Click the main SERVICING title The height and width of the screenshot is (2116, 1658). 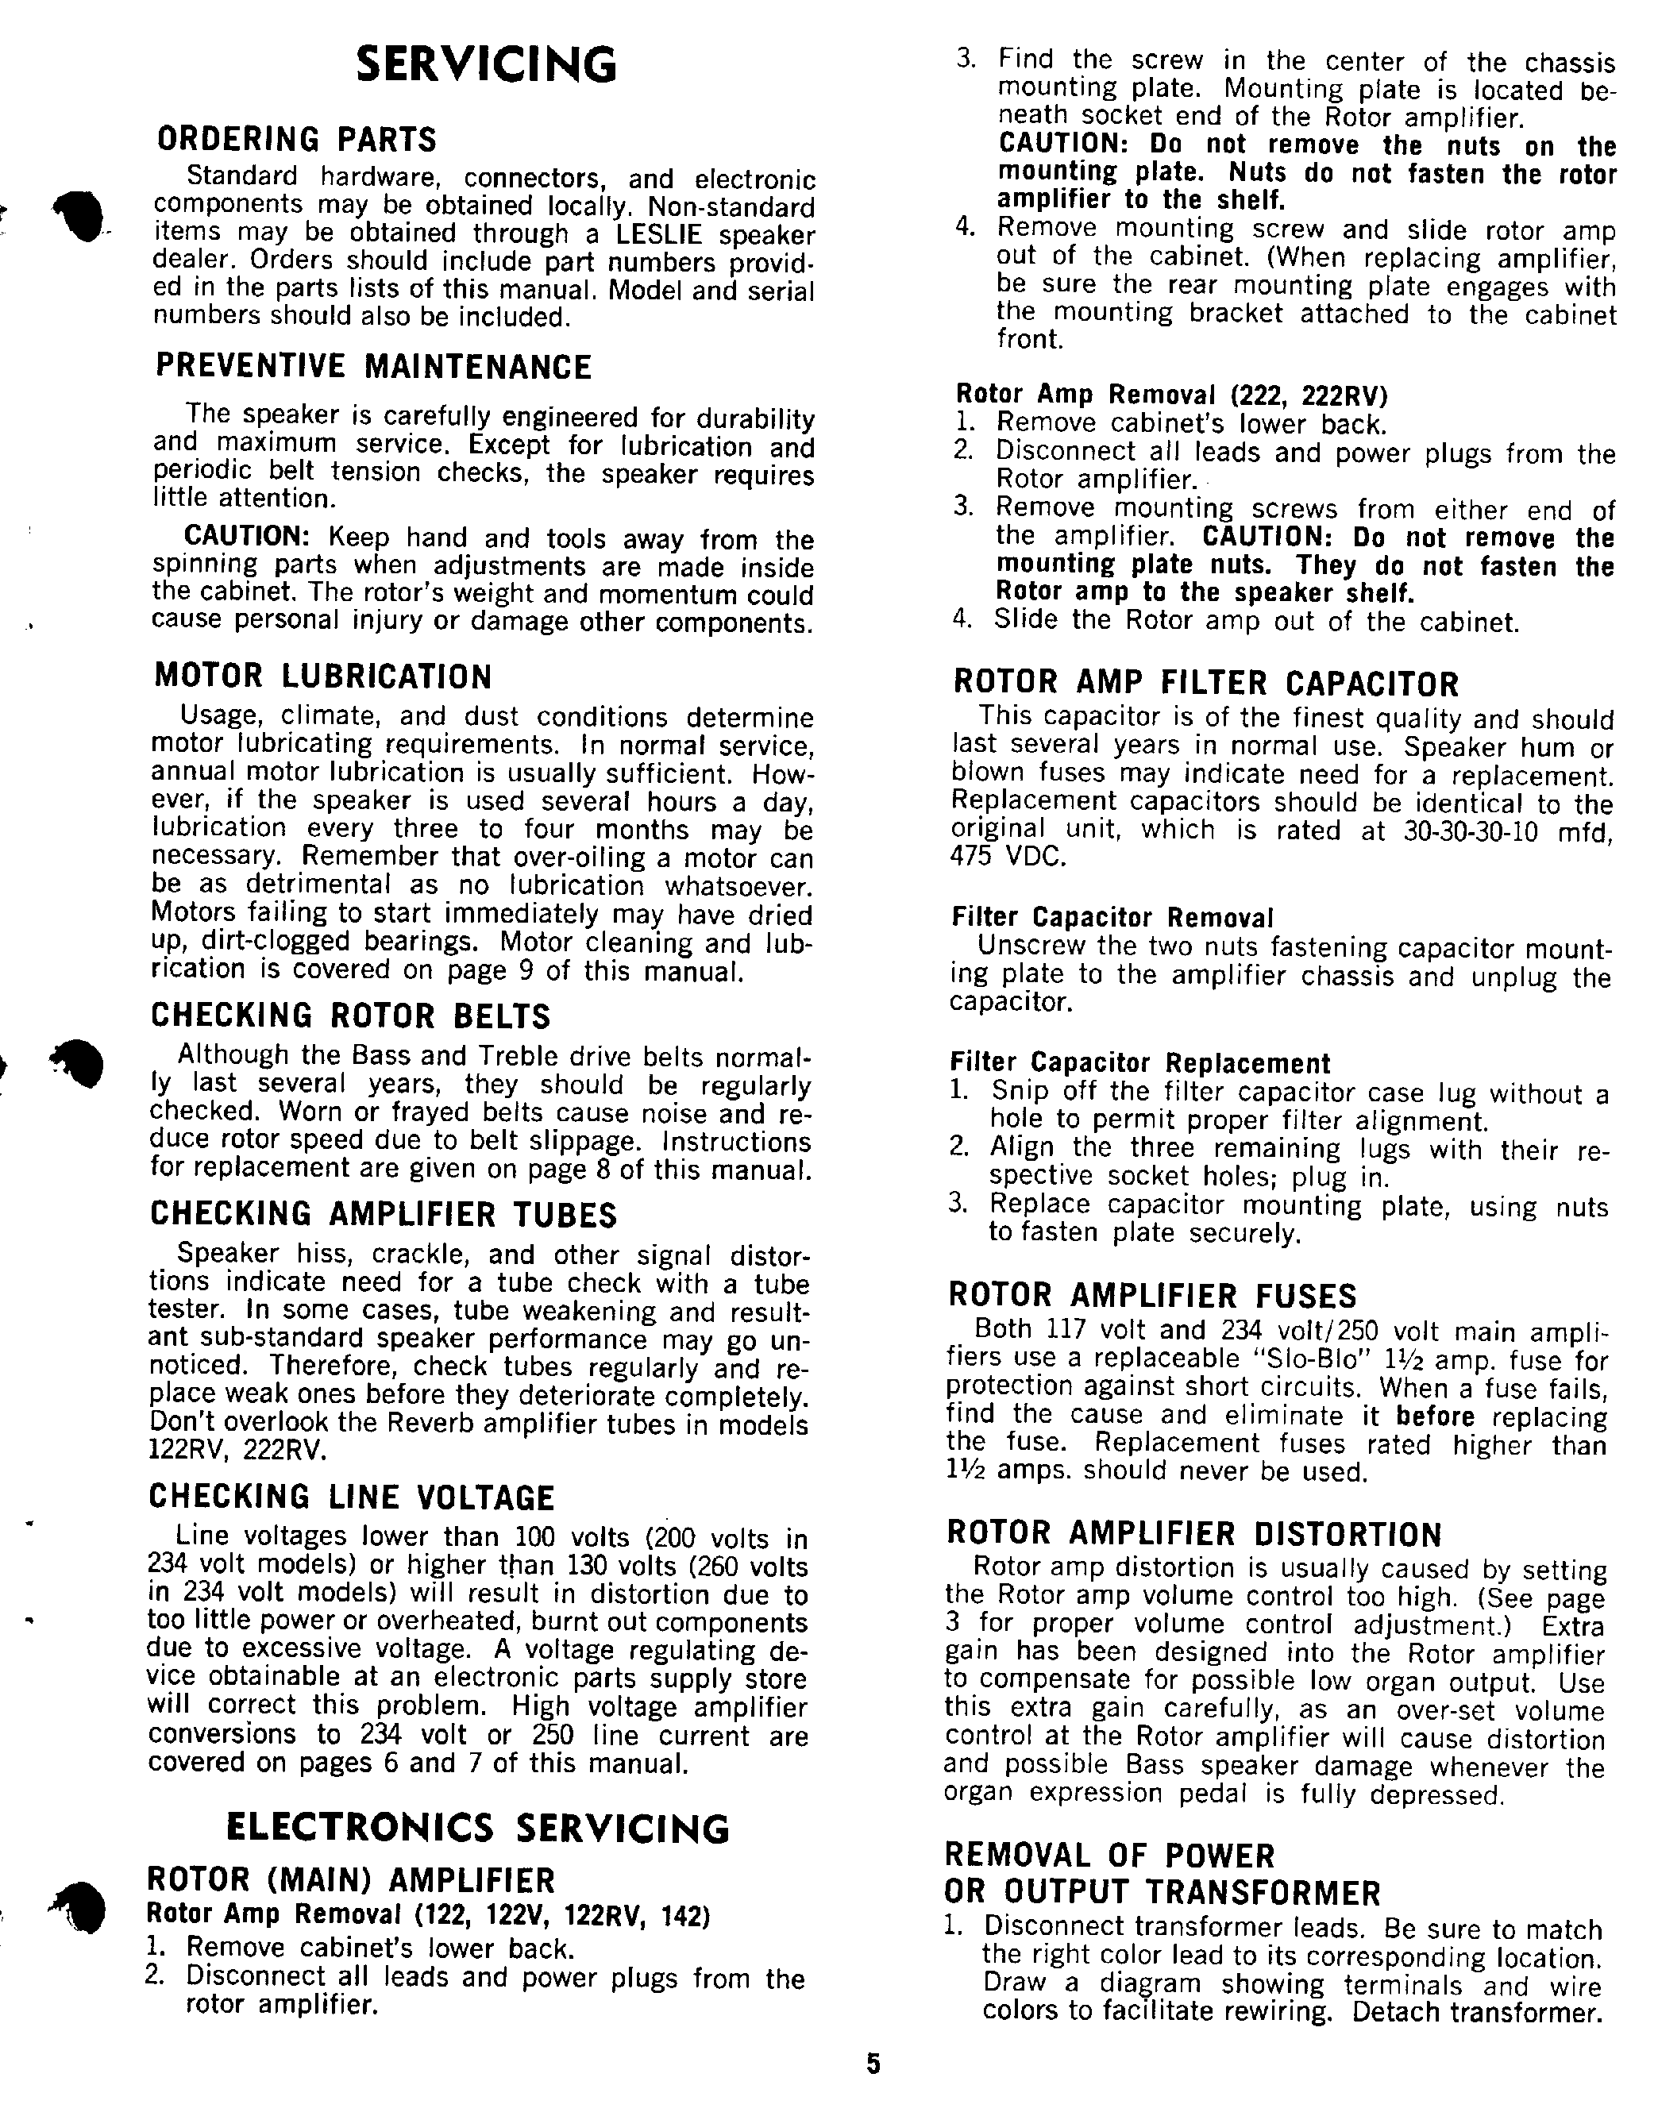pyautogui.click(x=486, y=66)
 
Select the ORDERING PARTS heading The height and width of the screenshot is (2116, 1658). pyautogui.click(x=297, y=140)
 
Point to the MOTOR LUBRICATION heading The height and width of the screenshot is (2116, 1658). pyautogui.click(x=322, y=676)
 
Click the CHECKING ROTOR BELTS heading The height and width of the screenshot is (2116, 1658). pyautogui.click(x=350, y=1016)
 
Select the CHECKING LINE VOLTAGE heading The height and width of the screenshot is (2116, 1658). pyautogui.click(x=352, y=1497)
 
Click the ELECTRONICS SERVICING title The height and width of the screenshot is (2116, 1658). pyautogui.click(x=477, y=1829)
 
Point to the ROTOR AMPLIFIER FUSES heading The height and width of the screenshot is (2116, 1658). pyautogui.click(x=1152, y=1296)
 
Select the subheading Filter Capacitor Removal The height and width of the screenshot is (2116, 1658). pyautogui.click(x=1112, y=917)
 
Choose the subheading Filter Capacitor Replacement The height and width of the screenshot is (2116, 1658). pyautogui.click(x=1139, y=1063)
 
